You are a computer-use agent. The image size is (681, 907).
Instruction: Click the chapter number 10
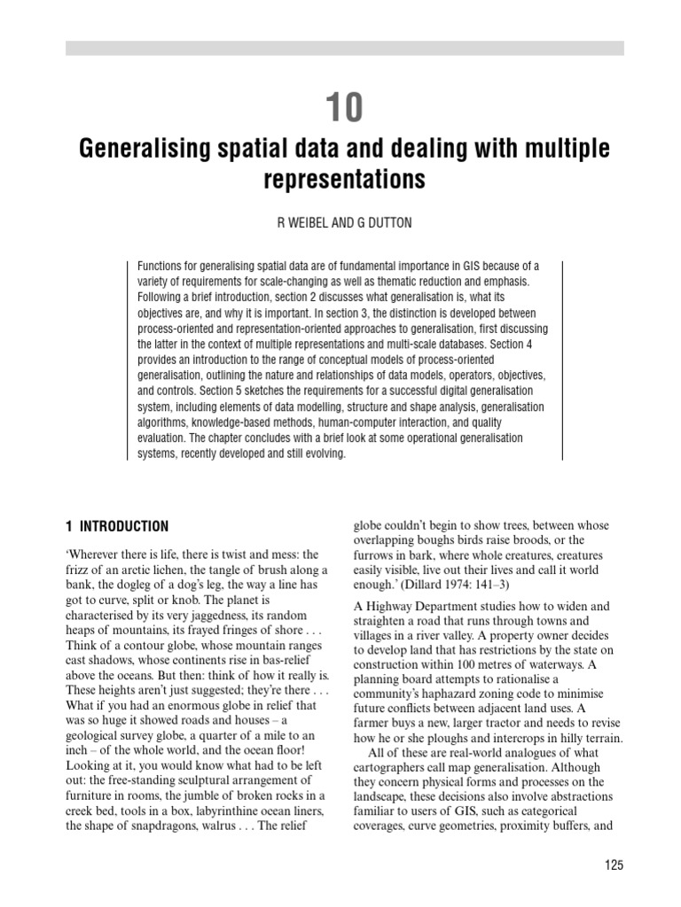coord(343,108)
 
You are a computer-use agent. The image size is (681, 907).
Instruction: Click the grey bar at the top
coord(344,48)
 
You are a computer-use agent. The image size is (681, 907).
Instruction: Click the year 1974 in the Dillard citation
coord(451,585)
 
